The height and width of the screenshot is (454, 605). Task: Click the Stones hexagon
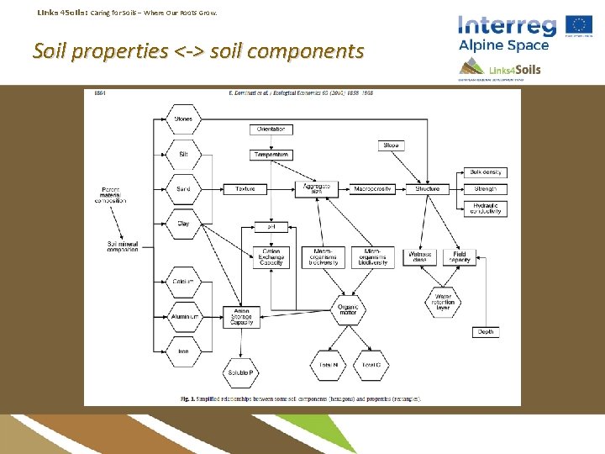coord(183,119)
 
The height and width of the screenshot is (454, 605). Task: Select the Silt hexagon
coord(183,154)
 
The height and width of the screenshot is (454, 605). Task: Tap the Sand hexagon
coord(183,189)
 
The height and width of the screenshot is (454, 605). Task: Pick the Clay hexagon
coord(183,224)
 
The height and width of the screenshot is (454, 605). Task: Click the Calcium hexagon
coord(183,281)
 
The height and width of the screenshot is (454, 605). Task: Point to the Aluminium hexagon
coord(183,316)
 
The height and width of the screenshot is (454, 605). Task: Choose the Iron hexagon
coord(183,351)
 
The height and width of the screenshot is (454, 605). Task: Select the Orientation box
coord(271,129)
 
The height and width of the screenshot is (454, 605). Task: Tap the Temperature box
coord(271,155)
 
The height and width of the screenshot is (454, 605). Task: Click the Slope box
coord(391,145)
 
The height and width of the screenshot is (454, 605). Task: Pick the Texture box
coord(245,189)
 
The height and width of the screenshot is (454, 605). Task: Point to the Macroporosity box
coord(372,189)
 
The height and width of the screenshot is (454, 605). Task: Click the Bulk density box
coord(486,172)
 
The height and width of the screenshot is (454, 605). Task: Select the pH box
coord(271,226)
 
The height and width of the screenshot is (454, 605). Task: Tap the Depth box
coord(486,332)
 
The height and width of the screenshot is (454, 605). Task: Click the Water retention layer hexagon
coord(443,301)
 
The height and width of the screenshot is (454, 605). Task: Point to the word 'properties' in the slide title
coord(120,52)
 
